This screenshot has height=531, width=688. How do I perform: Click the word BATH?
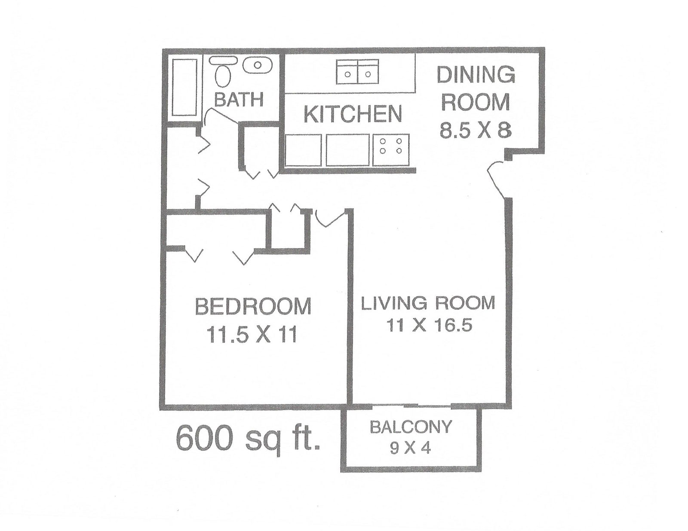pyautogui.click(x=239, y=100)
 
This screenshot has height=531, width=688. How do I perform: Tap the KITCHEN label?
pyautogui.click(x=353, y=114)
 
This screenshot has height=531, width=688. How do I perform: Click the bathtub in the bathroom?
pyautogui.click(x=185, y=87)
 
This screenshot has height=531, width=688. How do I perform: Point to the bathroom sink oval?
pyautogui.click(x=257, y=66)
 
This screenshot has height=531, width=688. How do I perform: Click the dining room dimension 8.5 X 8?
pyautogui.click(x=476, y=129)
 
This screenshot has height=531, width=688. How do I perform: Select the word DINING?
pyautogui.click(x=476, y=75)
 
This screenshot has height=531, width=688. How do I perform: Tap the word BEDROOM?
pyautogui.click(x=253, y=307)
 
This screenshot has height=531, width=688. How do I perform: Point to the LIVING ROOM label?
pyautogui.click(x=428, y=303)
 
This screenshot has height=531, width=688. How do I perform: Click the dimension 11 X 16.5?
pyautogui.click(x=429, y=325)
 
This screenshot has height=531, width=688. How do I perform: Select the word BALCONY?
pyautogui.click(x=411, y=427)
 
